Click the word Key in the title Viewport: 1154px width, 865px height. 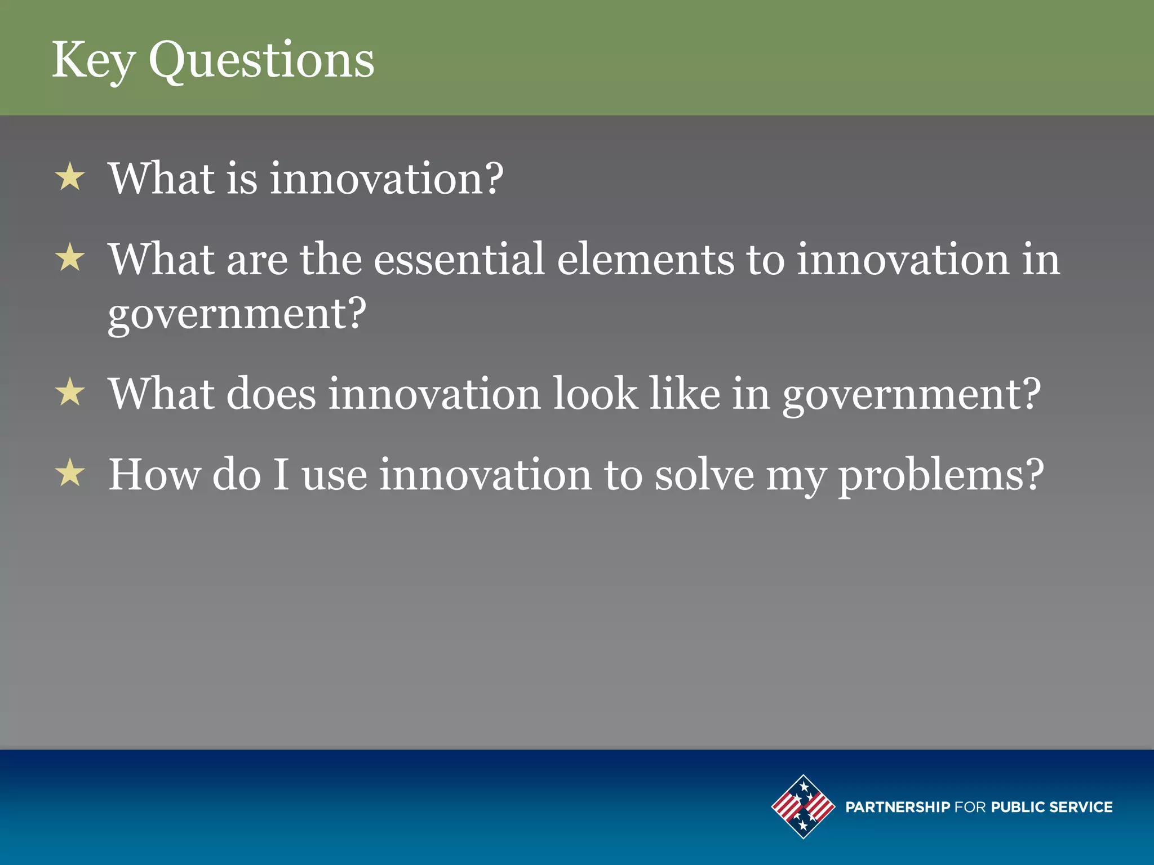93,61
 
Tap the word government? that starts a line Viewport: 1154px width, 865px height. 237,314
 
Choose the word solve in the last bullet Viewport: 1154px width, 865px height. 704,475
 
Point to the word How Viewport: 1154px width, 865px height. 154,475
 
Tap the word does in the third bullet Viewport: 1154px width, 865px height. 271,394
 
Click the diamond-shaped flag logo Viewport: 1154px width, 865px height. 803,806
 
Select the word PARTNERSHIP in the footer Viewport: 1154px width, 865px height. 898,807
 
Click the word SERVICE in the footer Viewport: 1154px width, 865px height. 1081,807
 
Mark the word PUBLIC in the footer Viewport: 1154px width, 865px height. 1017,807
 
